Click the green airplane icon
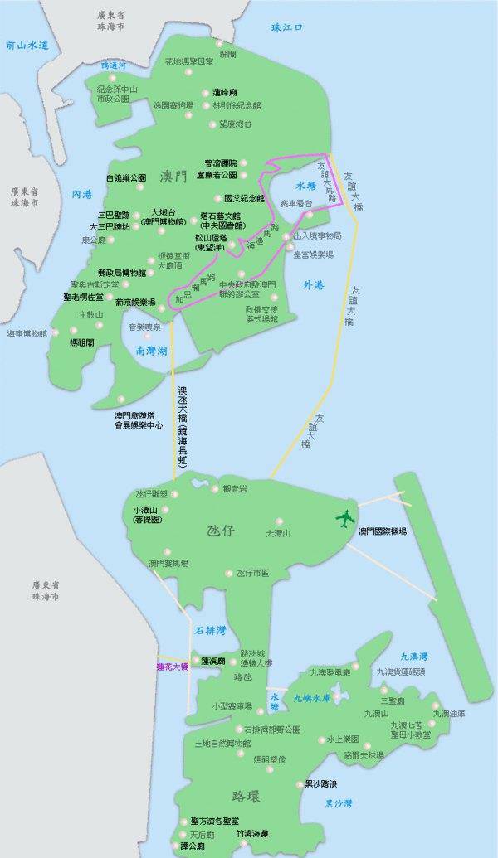click(x=344, y=519)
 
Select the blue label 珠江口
click(x=287, y=28)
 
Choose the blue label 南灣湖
click(x=152, y=351)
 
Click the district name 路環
click(x=247, y=797)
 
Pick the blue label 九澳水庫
click(x=312, y=698)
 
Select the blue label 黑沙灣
click(x=338, y=802)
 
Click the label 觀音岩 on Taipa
click(x=237, y=489)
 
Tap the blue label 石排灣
click(x=210, y=631)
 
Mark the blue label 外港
click(x=314, y=284)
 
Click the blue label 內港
click(x=82, y=194)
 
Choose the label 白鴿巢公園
click(x=126, y=177)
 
